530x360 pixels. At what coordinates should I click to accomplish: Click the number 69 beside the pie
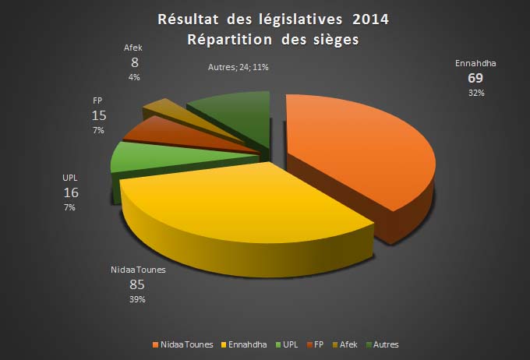(x=475, y=79)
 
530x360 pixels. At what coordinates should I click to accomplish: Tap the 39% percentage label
(x=136, y=298)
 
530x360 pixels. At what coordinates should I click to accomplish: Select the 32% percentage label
(x=475, y=94)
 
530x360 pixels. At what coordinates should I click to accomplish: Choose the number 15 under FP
(x=99, y=115)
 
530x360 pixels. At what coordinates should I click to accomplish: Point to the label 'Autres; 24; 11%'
(x=238, y=68)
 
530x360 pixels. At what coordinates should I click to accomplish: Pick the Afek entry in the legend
(x=347, y=344)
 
